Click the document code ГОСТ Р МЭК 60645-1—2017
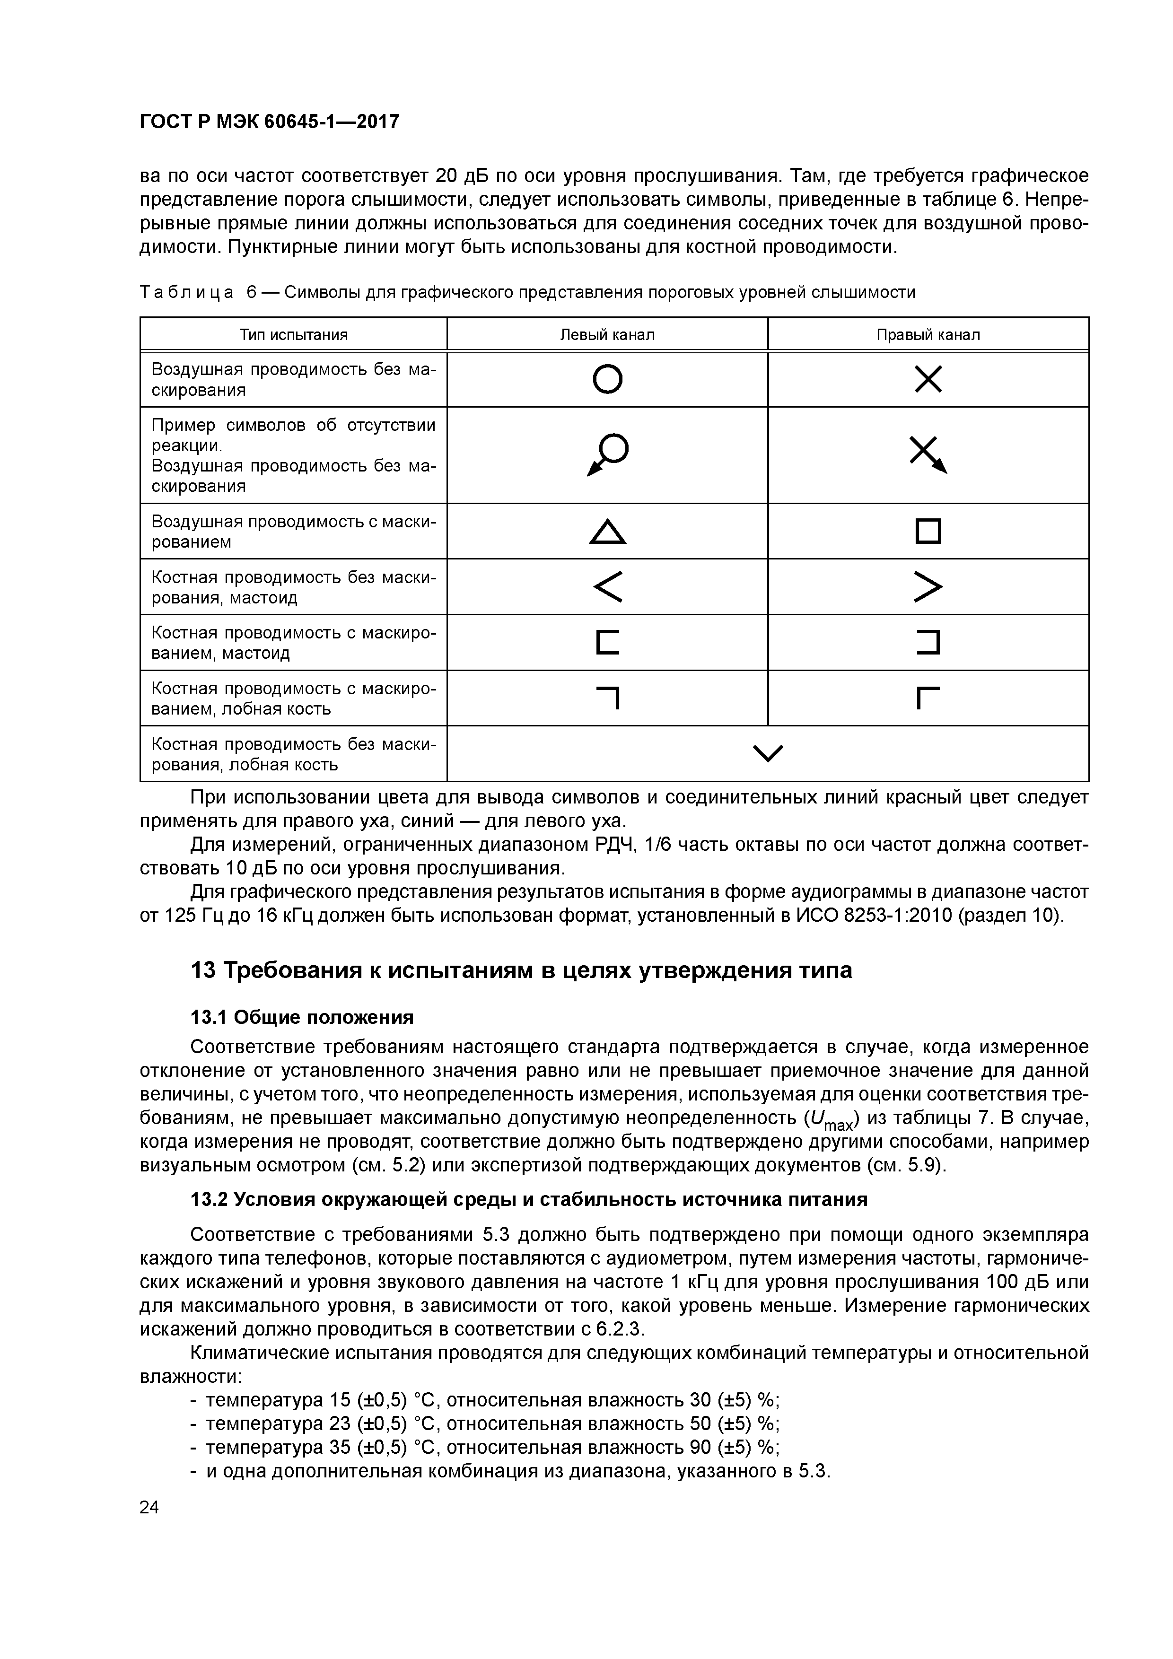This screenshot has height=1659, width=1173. (269, 122)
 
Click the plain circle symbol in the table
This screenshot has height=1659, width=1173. (607, 379)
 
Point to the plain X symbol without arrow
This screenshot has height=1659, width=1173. (928, 379)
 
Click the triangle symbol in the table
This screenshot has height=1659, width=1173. (607, 532)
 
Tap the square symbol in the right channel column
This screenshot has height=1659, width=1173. (928, 532)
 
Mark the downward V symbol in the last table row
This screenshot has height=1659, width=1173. (768, 753)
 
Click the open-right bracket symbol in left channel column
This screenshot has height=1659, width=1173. (607, 642)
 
